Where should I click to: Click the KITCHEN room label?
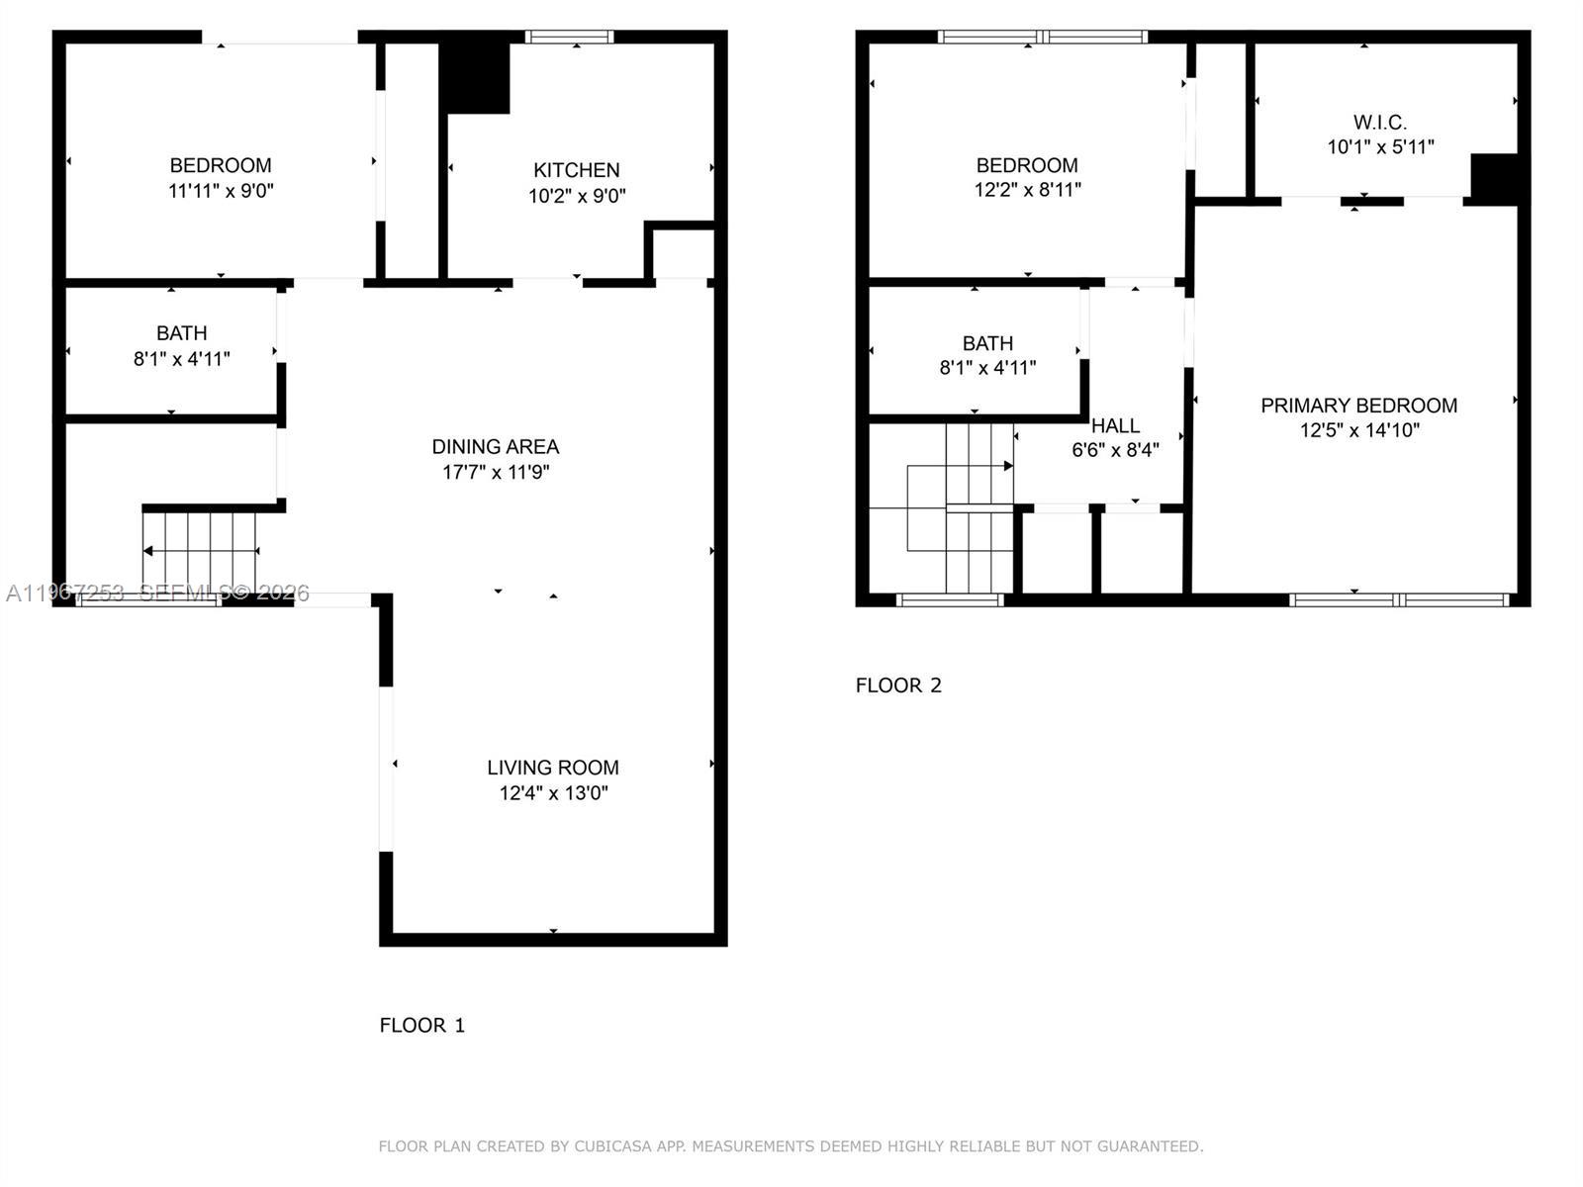coord(576,170)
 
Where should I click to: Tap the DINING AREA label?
coord(495,446)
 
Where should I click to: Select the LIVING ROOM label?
coord(552,767)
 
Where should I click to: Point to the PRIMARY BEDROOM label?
coord(1358,405)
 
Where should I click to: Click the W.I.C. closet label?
coord(1379,123)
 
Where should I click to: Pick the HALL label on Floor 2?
coord(1115,425)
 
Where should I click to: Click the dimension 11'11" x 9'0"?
coord(221,191)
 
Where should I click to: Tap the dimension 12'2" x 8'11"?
coord(1027,189)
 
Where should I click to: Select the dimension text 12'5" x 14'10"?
coord(1359,430)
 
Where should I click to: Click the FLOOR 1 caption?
coord(421,1025)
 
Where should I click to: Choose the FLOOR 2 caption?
coord(898,685)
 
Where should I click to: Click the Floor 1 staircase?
coord(201,550)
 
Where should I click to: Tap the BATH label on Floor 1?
coord(181,333)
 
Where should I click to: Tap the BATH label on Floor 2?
coord(987,343)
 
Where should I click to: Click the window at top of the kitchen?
coord(569,38)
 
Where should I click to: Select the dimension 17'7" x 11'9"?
coord(495,472)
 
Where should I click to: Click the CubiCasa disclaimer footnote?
coord(791,1146)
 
